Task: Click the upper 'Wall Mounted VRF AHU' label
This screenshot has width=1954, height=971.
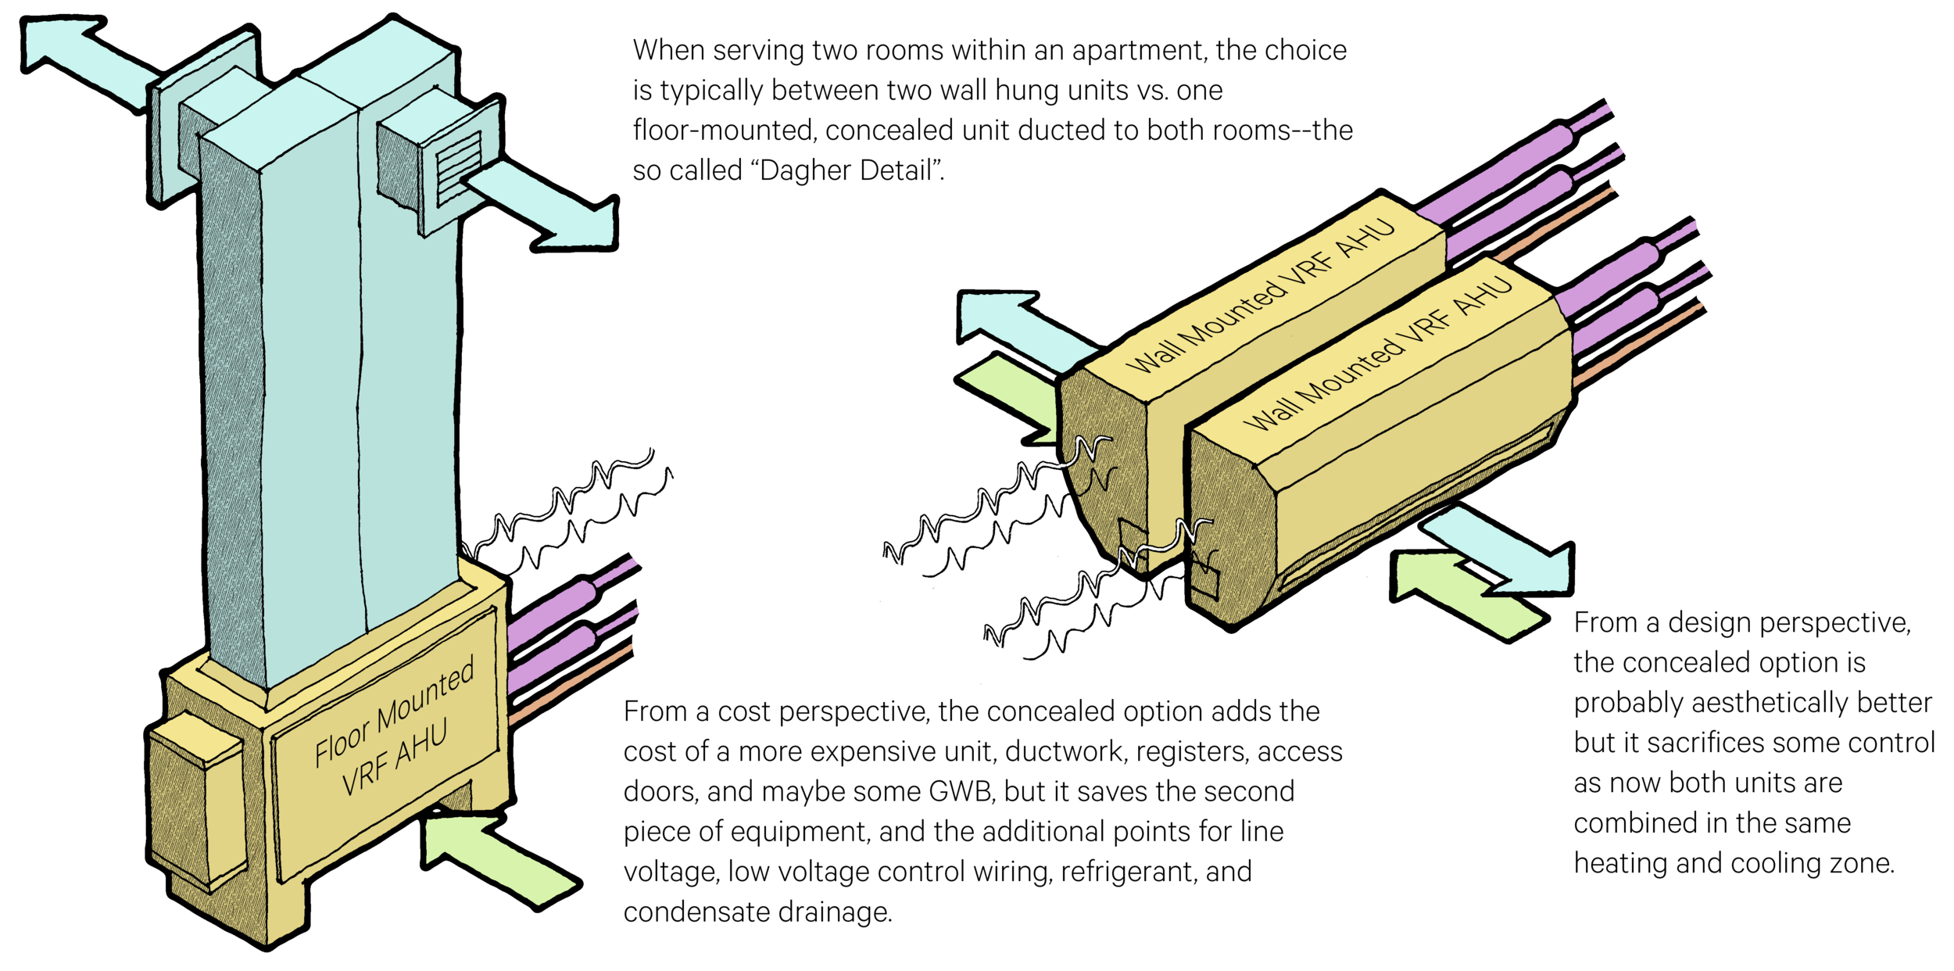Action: point(1259,297)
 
